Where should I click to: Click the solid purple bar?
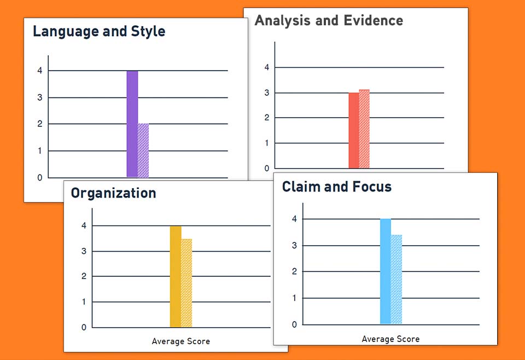click(132, 124)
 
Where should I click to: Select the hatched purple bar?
click(143, 150)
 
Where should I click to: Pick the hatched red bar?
click(364, 129)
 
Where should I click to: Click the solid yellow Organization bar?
click(175, 276)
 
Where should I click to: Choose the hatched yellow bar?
click(186, 283)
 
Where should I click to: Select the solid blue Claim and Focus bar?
click(386, 271)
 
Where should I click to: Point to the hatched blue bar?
click(396, 279)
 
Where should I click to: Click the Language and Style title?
click(99, 31)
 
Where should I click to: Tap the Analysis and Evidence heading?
click(329, 21)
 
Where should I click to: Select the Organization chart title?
click(113, 193)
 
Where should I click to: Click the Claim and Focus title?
click(337, 187)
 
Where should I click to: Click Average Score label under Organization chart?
click(180, 341)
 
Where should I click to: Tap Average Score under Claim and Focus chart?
click(390, 339)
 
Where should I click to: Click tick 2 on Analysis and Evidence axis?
click(266, 118)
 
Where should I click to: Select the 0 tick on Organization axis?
click(84, 327)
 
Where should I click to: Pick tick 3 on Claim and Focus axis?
click(294, 246)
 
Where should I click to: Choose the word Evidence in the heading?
click(374, 21)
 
